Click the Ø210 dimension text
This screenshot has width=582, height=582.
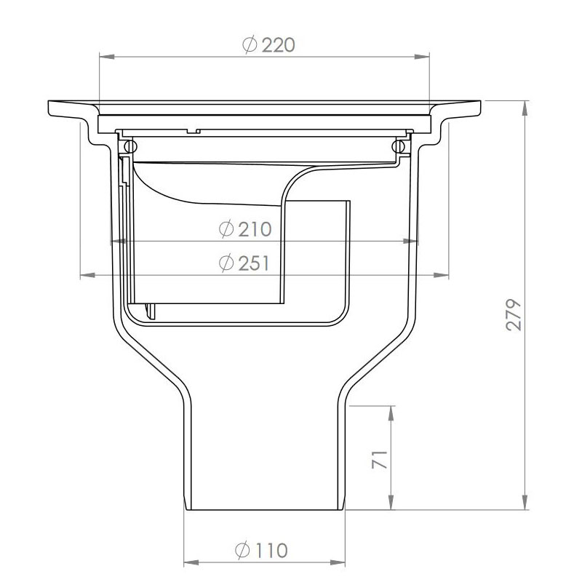point(245,230)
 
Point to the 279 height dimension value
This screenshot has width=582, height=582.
point(514,314)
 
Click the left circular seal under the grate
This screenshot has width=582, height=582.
point(129,147)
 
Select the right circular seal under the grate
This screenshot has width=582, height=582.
point(397,147)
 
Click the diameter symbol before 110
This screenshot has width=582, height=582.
point(244,550)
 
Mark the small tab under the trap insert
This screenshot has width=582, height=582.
point(152,311)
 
